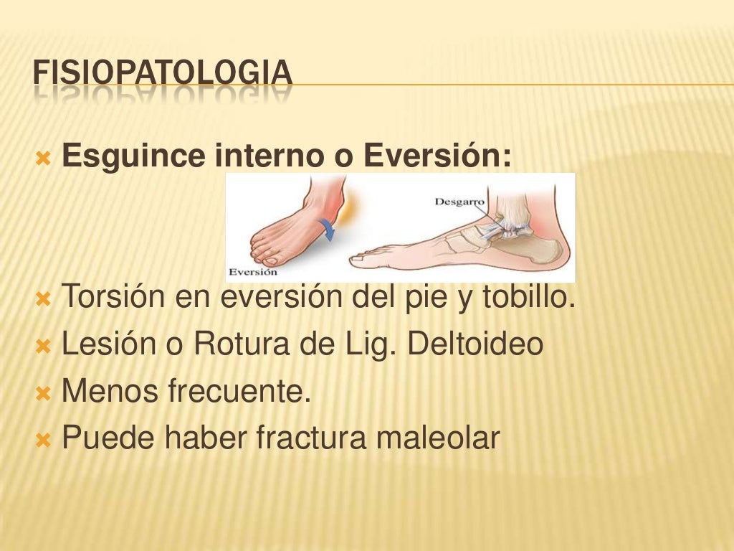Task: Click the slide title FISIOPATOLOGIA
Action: tap(163, 73)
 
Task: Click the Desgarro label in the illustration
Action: tap(459, 202)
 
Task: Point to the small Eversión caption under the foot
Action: tap(252, 273)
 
